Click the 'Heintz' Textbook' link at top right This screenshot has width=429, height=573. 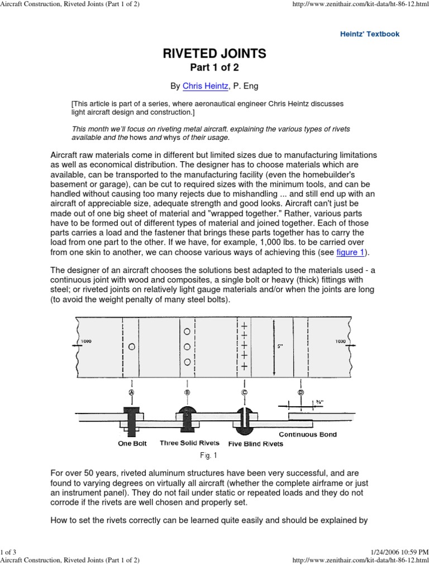[x=370, y=34]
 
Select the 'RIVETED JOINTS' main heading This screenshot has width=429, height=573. [x=214, y=54]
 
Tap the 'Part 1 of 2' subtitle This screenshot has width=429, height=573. [x=214, y=68]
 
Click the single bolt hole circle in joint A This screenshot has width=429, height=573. [x=131, y=347]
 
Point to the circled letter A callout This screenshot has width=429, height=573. [x=131, y=393]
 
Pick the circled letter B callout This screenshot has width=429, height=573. [x=187, y=393]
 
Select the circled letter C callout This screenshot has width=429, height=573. [x=244, y=393]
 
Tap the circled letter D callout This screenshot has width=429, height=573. [x=301, y=393]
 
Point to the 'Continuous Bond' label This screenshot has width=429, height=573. [x=308, y=434]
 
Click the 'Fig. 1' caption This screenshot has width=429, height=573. [x=214, y=455]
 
